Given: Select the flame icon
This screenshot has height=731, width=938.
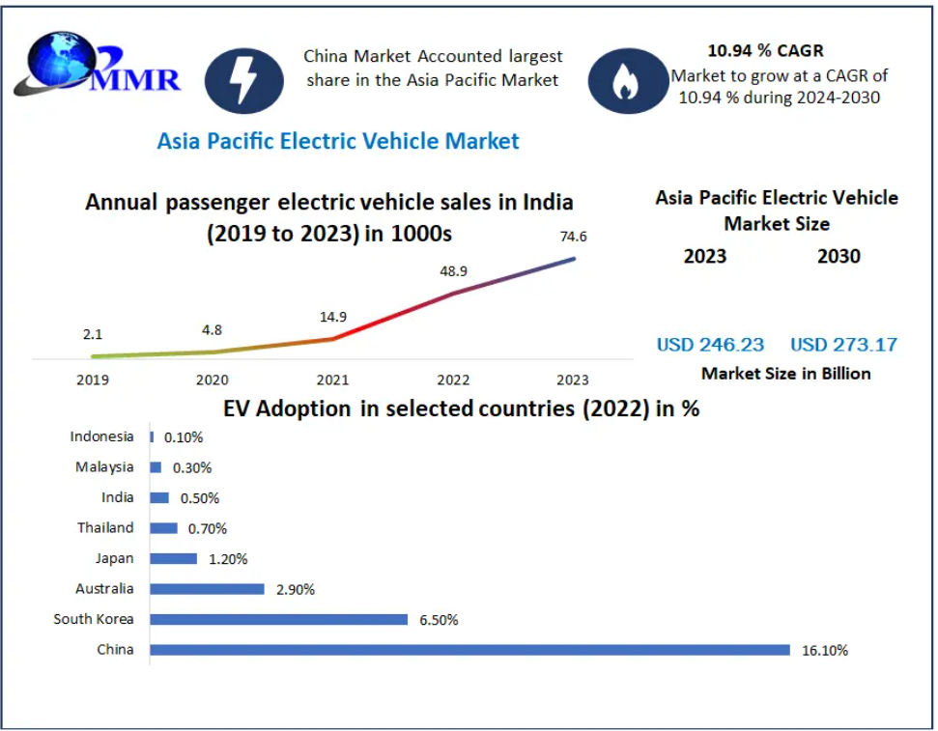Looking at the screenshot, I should pyautogui.click(x=625, y=82).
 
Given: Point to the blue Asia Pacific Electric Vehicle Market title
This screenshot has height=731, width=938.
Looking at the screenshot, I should pyautogui.click(x=338, y=141).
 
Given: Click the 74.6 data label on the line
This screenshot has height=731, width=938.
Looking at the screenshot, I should pyautogui.click(x=574, y=236).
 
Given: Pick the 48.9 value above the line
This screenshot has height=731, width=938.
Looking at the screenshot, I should pyautogui.click(x=454, y=271).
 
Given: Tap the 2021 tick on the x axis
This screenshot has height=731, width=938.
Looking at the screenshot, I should pyautogui.click(x=334, y=380).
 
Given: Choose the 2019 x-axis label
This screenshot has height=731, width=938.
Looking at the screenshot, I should pyautogui.click(x=93, y=380).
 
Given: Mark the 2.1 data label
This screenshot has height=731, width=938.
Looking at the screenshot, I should pyautogui.click(x=93, y=335).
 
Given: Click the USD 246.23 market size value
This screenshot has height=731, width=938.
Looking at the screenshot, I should pyautogui.click(x=710, y=345).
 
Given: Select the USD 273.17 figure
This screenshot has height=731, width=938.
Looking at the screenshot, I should pyautogui.click(x=843, y=345).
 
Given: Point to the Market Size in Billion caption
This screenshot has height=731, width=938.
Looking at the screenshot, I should pyautogui.click(x=785, y=374).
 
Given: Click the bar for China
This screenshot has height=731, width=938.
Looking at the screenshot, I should pyautogui.click(x=469, y=650).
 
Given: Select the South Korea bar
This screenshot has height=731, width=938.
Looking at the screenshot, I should pyautogui.click(x=278, y=619).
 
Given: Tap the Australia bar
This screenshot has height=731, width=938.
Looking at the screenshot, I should pyautogui.click(x=207, y=588).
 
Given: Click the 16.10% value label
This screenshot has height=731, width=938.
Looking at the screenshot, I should pyautogui.click(x=824, y=651).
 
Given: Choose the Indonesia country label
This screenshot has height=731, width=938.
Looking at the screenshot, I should pyautogui.click(x=101, y=436).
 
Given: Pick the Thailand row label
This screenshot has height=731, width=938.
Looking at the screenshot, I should pyautogui.click(x=105, y=528).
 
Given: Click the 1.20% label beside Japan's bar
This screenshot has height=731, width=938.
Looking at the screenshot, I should pyautogui.click(x=228, y=559).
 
